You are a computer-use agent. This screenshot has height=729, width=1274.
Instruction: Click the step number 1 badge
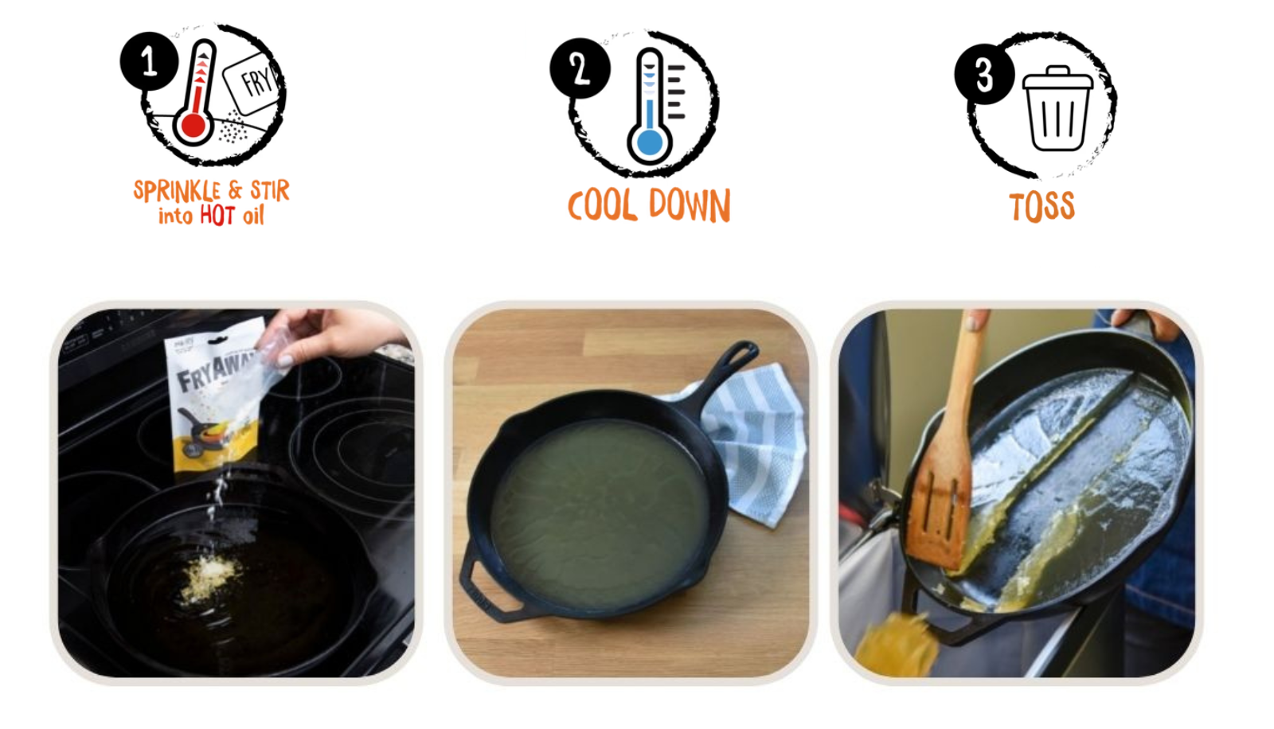(149, 61)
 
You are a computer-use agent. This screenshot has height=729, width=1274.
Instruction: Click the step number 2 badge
(580, 68)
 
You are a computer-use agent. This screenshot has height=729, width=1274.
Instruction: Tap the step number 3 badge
(984, 74)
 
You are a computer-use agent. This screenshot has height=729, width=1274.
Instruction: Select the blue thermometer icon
(650, 107)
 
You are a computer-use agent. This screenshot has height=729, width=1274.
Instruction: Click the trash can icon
(1057, 108)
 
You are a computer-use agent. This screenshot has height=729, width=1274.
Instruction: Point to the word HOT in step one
(217, 216)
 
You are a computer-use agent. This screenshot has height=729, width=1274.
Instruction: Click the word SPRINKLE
(177, 191)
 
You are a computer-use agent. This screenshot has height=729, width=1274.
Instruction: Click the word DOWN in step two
(690, 206)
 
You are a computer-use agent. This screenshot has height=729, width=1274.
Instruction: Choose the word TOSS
(1042, 207)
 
